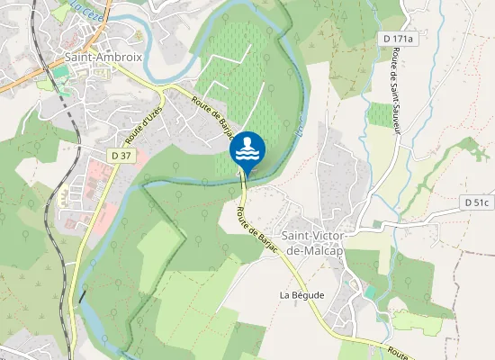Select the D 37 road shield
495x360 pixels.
tap(120, 156)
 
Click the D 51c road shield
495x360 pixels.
tap(478, 202)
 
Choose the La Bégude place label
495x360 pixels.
tap(301, 294)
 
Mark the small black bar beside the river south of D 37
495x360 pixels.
tap(81, 295)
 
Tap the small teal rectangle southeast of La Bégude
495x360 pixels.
tap(370, 292)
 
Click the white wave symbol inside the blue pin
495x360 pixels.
tap(247, 155)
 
